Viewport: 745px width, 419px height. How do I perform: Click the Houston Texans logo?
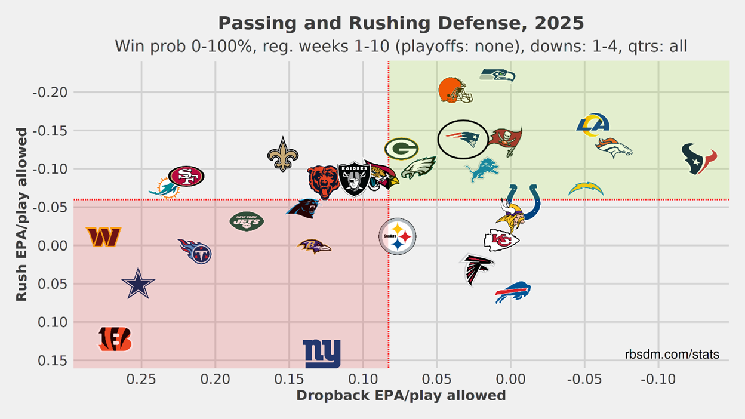(x=699, y=159)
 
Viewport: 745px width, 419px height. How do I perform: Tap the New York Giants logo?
(x=321, y=353)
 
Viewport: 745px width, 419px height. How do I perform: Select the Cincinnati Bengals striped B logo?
(x=115, y=339)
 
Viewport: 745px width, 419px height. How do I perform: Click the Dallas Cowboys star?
(x=138, y=284)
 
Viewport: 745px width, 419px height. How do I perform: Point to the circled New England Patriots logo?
(x=463, y=139)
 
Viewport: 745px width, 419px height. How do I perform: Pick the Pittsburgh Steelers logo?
(x=397, y=237)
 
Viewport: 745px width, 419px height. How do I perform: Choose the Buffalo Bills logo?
(x=513, y=292)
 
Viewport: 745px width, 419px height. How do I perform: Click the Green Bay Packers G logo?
(x=401, y=149)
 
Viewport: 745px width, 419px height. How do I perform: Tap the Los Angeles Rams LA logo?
(x=593, y=125)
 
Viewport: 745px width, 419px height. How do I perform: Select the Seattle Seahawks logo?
(x=497, y=75)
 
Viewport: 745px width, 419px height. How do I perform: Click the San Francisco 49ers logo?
(x=186, y=176)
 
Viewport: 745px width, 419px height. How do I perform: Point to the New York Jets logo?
(x=247, y=221)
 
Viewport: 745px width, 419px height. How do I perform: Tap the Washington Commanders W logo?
(x=103, y=236)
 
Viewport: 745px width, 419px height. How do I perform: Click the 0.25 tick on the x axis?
(x=141, y=379)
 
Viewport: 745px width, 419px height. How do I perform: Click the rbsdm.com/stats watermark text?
(x=672, y=355)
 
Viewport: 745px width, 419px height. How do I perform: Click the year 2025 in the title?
(x=559, y=23)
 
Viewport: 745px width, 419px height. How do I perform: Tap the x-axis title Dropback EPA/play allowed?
(x=401, y=395)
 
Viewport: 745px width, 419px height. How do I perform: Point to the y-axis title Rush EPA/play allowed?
(x=21, y=214)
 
